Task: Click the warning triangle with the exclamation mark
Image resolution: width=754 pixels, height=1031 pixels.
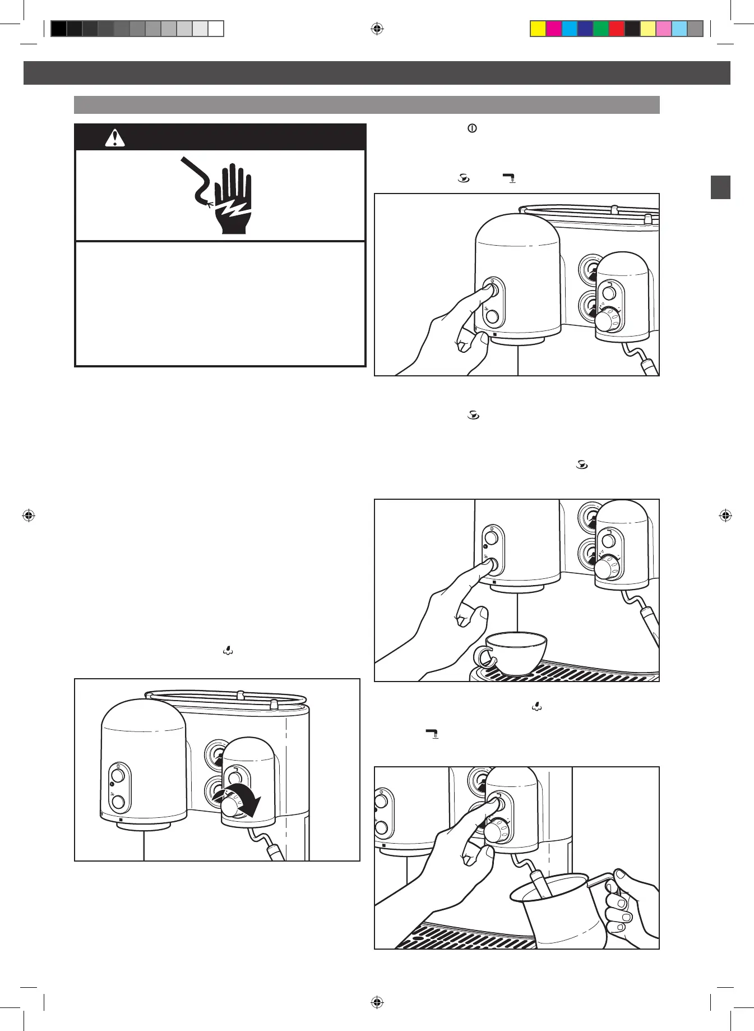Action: pos(115,138)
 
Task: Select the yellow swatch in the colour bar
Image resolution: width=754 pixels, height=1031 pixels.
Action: pos(538,29)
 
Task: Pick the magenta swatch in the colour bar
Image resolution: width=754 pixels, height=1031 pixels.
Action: pos(554,29)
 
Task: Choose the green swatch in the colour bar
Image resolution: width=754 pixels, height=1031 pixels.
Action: pos(601,29)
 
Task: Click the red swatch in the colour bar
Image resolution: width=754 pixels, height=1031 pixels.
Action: pos(617,29)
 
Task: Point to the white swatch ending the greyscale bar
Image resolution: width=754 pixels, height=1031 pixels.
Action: pos(216,29)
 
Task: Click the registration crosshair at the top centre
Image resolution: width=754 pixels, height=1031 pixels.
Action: pos(377,29)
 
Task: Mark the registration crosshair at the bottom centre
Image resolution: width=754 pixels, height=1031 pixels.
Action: pos(377,1002)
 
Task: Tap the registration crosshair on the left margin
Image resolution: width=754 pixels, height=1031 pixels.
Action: pos(29,515)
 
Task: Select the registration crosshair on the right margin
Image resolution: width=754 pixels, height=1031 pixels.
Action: pos(725,515)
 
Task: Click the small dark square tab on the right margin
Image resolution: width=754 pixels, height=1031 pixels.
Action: pos(720,187)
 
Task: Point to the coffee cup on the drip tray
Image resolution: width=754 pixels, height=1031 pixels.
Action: pos(516,652)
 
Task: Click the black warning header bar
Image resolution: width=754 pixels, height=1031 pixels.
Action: pos(220,137)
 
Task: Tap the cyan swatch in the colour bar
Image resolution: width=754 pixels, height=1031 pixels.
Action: pos(570,29)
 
